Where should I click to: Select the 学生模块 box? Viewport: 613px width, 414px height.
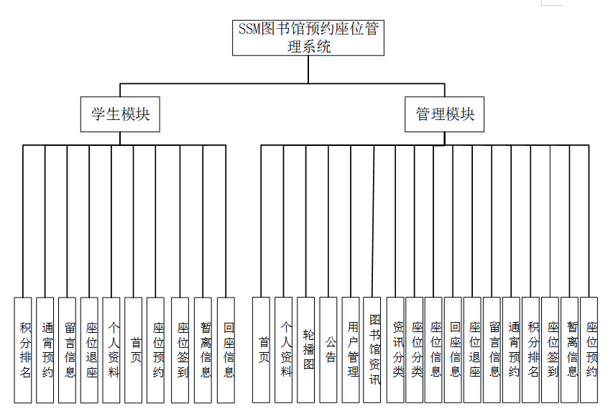tap(120, 114)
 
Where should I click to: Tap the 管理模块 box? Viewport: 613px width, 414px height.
tap(445, 114)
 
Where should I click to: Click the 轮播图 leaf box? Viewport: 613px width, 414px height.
tap(307, 349)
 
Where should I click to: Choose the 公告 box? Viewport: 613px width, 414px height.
tap(329, 349)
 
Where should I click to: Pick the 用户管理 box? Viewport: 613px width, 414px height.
tap(351, 349)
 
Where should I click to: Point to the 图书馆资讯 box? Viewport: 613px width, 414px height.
tap(373, 349)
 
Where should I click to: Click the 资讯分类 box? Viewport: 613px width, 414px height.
tap(396, 349)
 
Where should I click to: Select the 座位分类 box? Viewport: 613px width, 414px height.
tap(415, 349)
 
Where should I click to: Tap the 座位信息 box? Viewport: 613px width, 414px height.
tap(434, 349)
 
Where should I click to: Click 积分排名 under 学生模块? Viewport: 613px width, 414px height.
tap(25, 349)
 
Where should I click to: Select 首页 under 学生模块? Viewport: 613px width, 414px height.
tap(134, 349)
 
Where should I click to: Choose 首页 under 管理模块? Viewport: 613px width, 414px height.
tap(262, 349)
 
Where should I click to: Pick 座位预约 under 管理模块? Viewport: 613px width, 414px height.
tap(590, 349)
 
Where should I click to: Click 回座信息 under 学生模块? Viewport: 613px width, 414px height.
tap(226, 349)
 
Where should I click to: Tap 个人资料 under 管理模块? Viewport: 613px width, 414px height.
tap(285, 349)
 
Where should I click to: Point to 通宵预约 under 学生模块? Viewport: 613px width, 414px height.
tap(46, 349)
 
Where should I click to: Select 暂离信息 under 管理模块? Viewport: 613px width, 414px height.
tap(571, 349)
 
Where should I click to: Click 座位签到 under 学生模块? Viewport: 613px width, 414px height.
tap(181, 349)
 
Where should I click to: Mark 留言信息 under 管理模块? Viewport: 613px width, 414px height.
tap(492, 349)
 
